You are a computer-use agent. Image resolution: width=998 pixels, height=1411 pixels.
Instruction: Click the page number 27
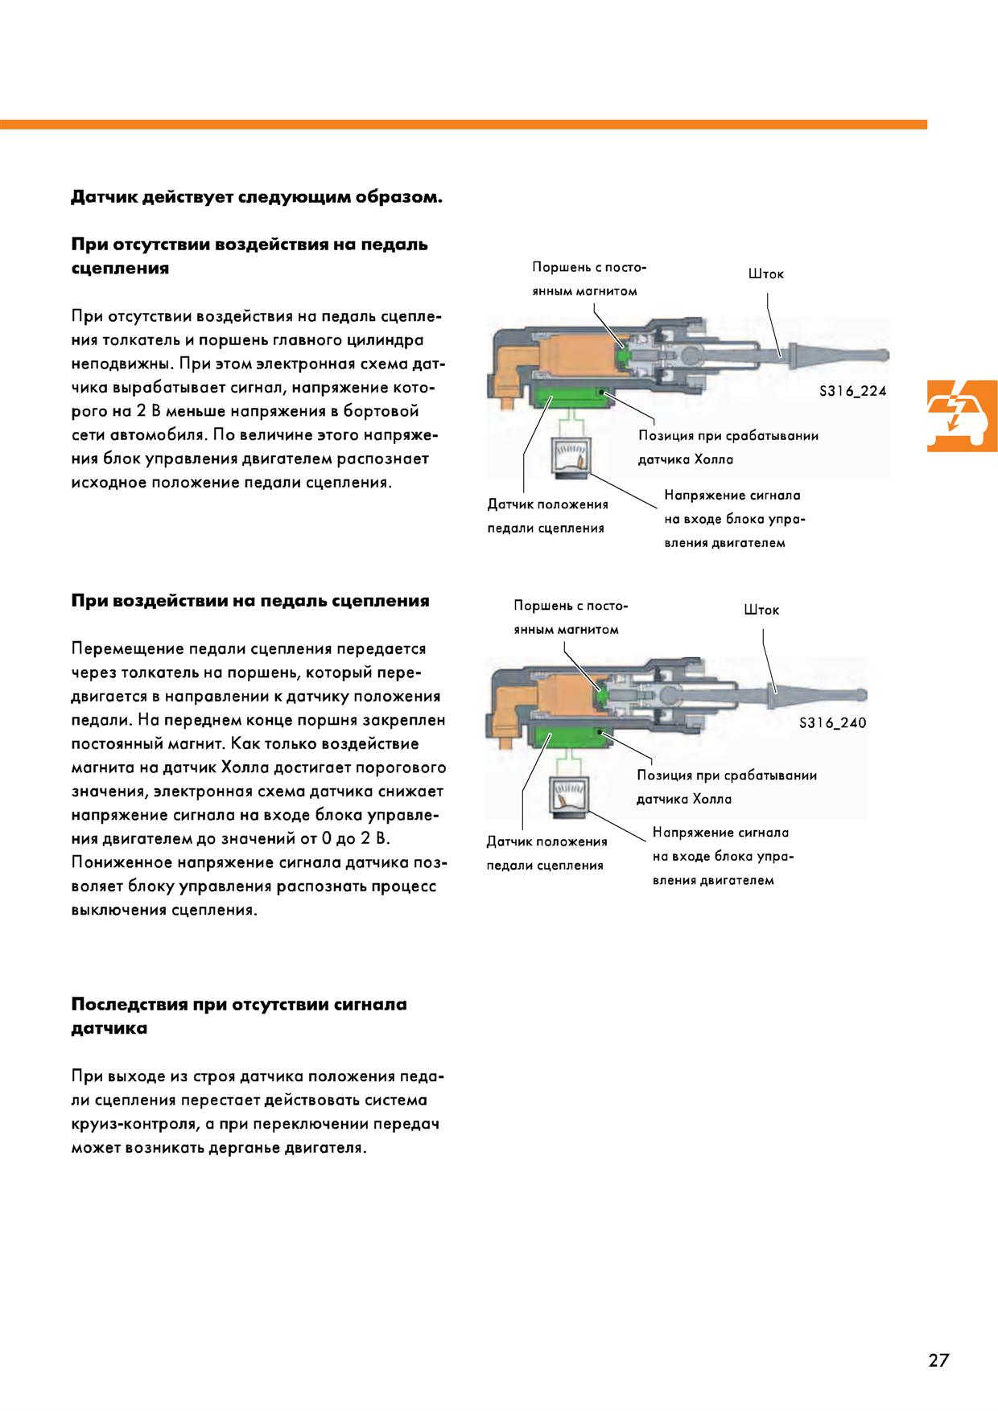pyautogui.click(x=938, y=1360)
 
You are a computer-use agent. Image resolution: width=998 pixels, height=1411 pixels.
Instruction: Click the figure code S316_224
pyautogui.click(x=852, y=392)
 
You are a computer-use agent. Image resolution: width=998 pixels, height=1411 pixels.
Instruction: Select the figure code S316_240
pyautogui.click(x=832, y=722)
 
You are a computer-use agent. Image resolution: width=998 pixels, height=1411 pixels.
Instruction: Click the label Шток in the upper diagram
pyautogui.click(x=765, y=274)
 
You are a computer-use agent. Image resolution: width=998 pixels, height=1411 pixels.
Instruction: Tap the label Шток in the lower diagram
pyautogui.click(x=761, y=610)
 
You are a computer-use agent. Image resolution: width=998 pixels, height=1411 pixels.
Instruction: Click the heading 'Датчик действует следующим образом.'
pyautogui.click(x=257, y=197)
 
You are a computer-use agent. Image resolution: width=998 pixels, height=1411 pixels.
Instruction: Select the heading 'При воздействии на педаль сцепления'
pyautogui.click(x=250, y=601)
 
